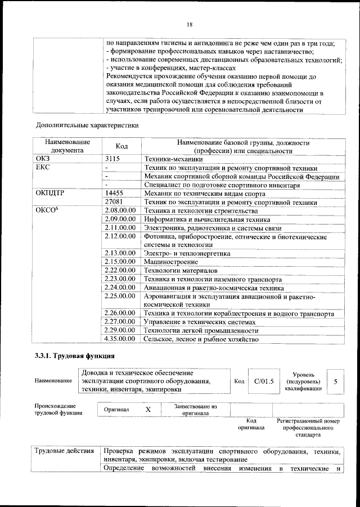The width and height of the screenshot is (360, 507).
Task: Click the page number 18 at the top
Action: [x=190, y=24]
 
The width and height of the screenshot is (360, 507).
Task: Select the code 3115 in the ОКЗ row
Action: [x=113, y=159]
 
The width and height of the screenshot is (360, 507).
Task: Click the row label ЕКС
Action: [x=43, y=168]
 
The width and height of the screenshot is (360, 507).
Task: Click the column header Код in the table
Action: [x=121, y=146]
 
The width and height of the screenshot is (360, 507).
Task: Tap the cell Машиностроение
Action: [x=170, y=262]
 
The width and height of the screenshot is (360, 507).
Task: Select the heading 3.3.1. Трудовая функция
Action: [x=75, y=356]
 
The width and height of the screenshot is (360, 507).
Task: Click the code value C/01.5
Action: [x=263, y=382]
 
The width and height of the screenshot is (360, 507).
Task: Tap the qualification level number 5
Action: [x=336, y=382]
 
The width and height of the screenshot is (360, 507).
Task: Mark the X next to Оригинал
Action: [x=148, y=410]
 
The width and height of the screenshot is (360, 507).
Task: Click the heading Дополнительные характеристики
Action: [x=87, y=124]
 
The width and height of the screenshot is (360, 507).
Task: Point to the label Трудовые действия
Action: [x=64, y=452]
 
